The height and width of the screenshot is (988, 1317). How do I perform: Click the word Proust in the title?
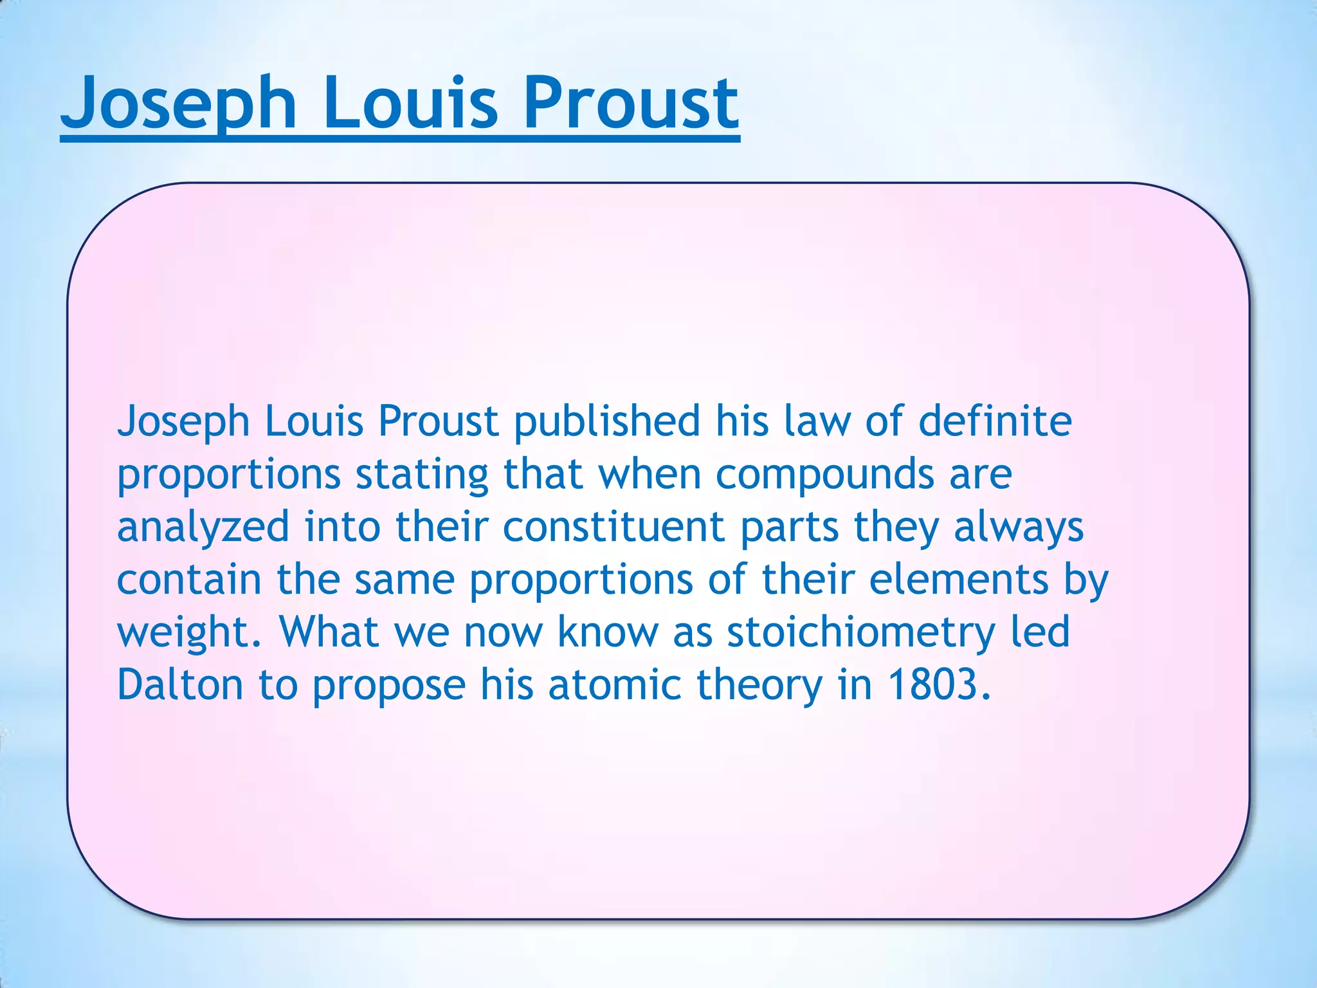click(631, 103)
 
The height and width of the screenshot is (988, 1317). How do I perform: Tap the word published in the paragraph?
click(607, 422)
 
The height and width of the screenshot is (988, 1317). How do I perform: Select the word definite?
click(995, 422)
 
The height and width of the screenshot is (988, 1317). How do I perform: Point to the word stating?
click(422, 475)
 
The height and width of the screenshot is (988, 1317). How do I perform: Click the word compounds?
click(824, 475)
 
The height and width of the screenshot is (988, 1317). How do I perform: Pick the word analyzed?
click(203, 527)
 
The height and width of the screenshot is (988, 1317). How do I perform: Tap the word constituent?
click(613, 527)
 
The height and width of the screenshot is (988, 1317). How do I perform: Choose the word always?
click(1019, 527)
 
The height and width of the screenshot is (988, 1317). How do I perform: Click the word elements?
click(959, 580)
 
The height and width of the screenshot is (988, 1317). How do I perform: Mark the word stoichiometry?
click(861, 633)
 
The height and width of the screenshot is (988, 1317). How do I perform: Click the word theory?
click(759, 686)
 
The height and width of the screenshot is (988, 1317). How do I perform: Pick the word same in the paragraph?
click(404, 580)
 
